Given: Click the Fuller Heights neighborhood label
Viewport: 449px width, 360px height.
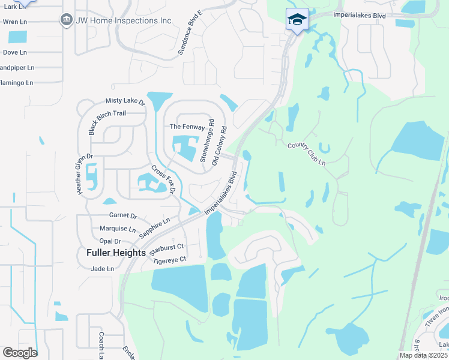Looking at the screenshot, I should pyautogui.click(x=116, y=253).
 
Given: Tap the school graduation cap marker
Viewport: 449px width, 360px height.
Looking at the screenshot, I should pyautogui.click(x=297, y=20).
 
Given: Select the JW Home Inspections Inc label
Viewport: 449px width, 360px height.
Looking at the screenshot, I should pyautogui.click(x=124, y=21).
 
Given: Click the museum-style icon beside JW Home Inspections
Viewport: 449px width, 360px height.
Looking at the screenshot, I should pyautogui.click(x=66, y=20).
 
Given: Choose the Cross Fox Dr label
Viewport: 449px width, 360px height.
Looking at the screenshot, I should pyautogui.click(x=162, y=179).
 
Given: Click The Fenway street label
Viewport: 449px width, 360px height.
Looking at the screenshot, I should pyautogui.click(x=187, y=127).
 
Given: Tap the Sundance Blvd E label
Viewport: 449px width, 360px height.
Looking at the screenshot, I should pyautogui.click(x=190, y=34).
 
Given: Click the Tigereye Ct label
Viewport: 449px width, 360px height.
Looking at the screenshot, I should pyautogui.click(x=170, y=260).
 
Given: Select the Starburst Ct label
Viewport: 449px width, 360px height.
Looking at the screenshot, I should pyautogui.click(x=167, y=246).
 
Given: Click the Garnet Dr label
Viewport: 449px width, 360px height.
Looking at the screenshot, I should pyautogui.click(x=123, y=216).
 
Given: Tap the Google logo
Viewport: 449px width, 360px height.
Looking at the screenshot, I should pyautogui.click(x=20, y=353).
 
